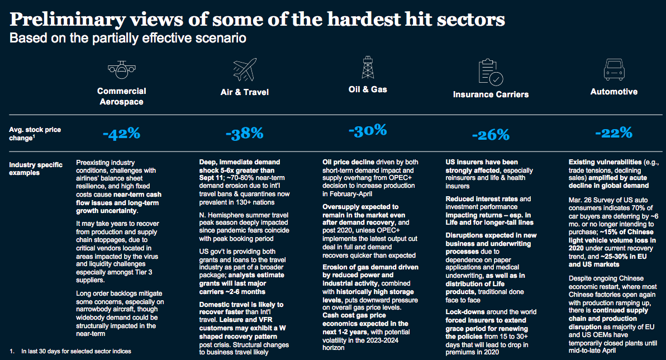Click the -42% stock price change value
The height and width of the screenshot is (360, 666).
(x=121, y=134)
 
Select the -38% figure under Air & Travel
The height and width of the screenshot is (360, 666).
(x=245, y=134)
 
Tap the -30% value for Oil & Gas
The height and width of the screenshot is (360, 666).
(x=368, y=130)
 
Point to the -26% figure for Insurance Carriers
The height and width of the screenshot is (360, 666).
(x=491, y=135)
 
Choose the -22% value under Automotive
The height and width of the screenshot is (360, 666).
(x=613, y=132)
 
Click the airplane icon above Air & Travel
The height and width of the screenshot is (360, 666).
(x=245, y=70)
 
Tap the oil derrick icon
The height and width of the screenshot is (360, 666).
(x=368, y=67)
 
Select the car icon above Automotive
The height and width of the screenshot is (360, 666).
(x=614, y=69)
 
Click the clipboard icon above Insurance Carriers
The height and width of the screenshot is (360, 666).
(x=491, y=72)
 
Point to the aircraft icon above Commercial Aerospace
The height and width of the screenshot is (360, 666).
(x=121, y=70)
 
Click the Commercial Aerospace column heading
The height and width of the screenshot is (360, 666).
(x=121, y=97)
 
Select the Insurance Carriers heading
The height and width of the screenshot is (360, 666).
(x=491, y=94)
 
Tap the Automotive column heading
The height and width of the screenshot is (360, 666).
(x=614, y=91)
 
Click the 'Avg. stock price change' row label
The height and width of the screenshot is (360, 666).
(x=35, y=134)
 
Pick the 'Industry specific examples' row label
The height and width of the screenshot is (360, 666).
(x=36, y=169)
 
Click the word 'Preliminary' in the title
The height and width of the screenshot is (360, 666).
(x=68, y=20)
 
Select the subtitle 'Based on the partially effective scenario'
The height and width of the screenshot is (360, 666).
(x=128, y=38)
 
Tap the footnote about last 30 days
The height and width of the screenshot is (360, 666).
(x=70, y=351)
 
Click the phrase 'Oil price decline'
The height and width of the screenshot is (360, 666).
(x=348, y=162)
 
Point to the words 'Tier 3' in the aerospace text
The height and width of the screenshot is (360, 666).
(x=144, y=272)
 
